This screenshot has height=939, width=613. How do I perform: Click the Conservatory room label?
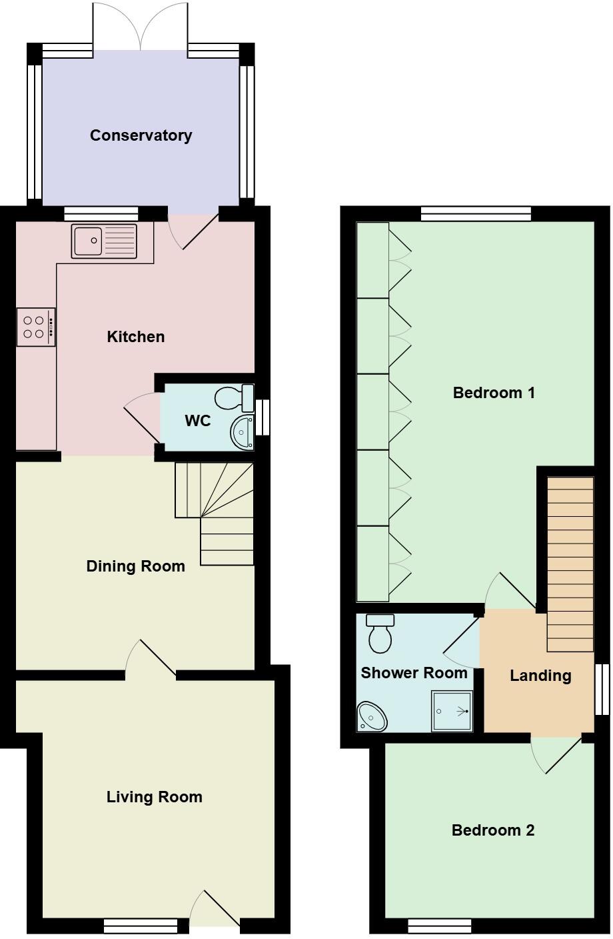pos(141,135)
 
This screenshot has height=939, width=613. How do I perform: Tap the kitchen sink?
pos(103,241)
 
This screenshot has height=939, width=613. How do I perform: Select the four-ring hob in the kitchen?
pos(35,327)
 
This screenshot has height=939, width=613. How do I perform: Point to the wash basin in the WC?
pos(243,431)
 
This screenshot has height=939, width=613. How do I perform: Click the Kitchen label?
pos(135,337)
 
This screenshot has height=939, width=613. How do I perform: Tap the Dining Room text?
pos(135,566)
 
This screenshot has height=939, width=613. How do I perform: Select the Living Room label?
pos(154,797)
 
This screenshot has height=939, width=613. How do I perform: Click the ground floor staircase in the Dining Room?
pos(217,513)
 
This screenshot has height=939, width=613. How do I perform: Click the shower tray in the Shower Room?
pos(452,711)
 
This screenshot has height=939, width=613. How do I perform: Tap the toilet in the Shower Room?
pos(380,634)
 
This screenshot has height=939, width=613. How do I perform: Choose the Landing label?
pos(540,676)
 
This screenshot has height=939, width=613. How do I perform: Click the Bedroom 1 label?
pos(494,393)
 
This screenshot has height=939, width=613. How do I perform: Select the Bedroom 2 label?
pos(492,830)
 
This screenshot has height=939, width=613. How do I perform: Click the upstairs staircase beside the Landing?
pos(570,564)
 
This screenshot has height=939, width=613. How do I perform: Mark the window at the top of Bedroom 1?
pos(476,213)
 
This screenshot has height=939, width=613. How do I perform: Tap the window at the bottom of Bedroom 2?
pos(439,926)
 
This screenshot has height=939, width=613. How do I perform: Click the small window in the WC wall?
pos(264,417)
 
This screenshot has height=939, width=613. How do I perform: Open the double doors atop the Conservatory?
pos(141,27)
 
